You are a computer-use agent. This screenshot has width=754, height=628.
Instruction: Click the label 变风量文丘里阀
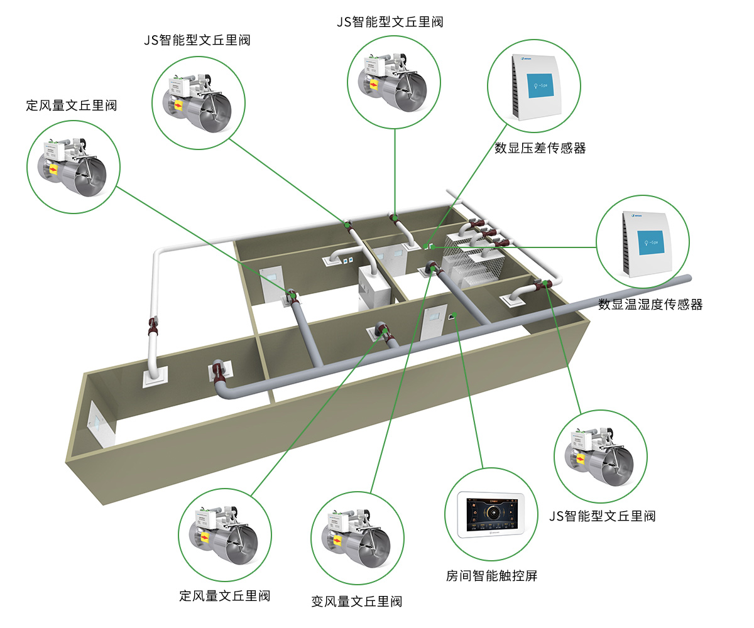tap(356, 601)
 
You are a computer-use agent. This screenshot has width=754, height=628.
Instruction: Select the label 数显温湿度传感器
tap(650, 305)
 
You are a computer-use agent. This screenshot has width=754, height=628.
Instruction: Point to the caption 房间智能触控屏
tap(492, 575)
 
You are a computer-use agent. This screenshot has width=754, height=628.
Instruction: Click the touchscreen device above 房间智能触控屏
tap(492, 514)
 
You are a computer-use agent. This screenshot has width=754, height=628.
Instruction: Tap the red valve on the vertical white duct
tap(153, 327)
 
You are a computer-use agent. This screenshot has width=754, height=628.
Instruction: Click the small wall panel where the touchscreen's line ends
tap(452, 317)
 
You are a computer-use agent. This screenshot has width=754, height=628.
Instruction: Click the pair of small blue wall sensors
tap(347, 258)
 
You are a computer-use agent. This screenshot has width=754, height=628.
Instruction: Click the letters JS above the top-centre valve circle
tap(343, 22)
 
